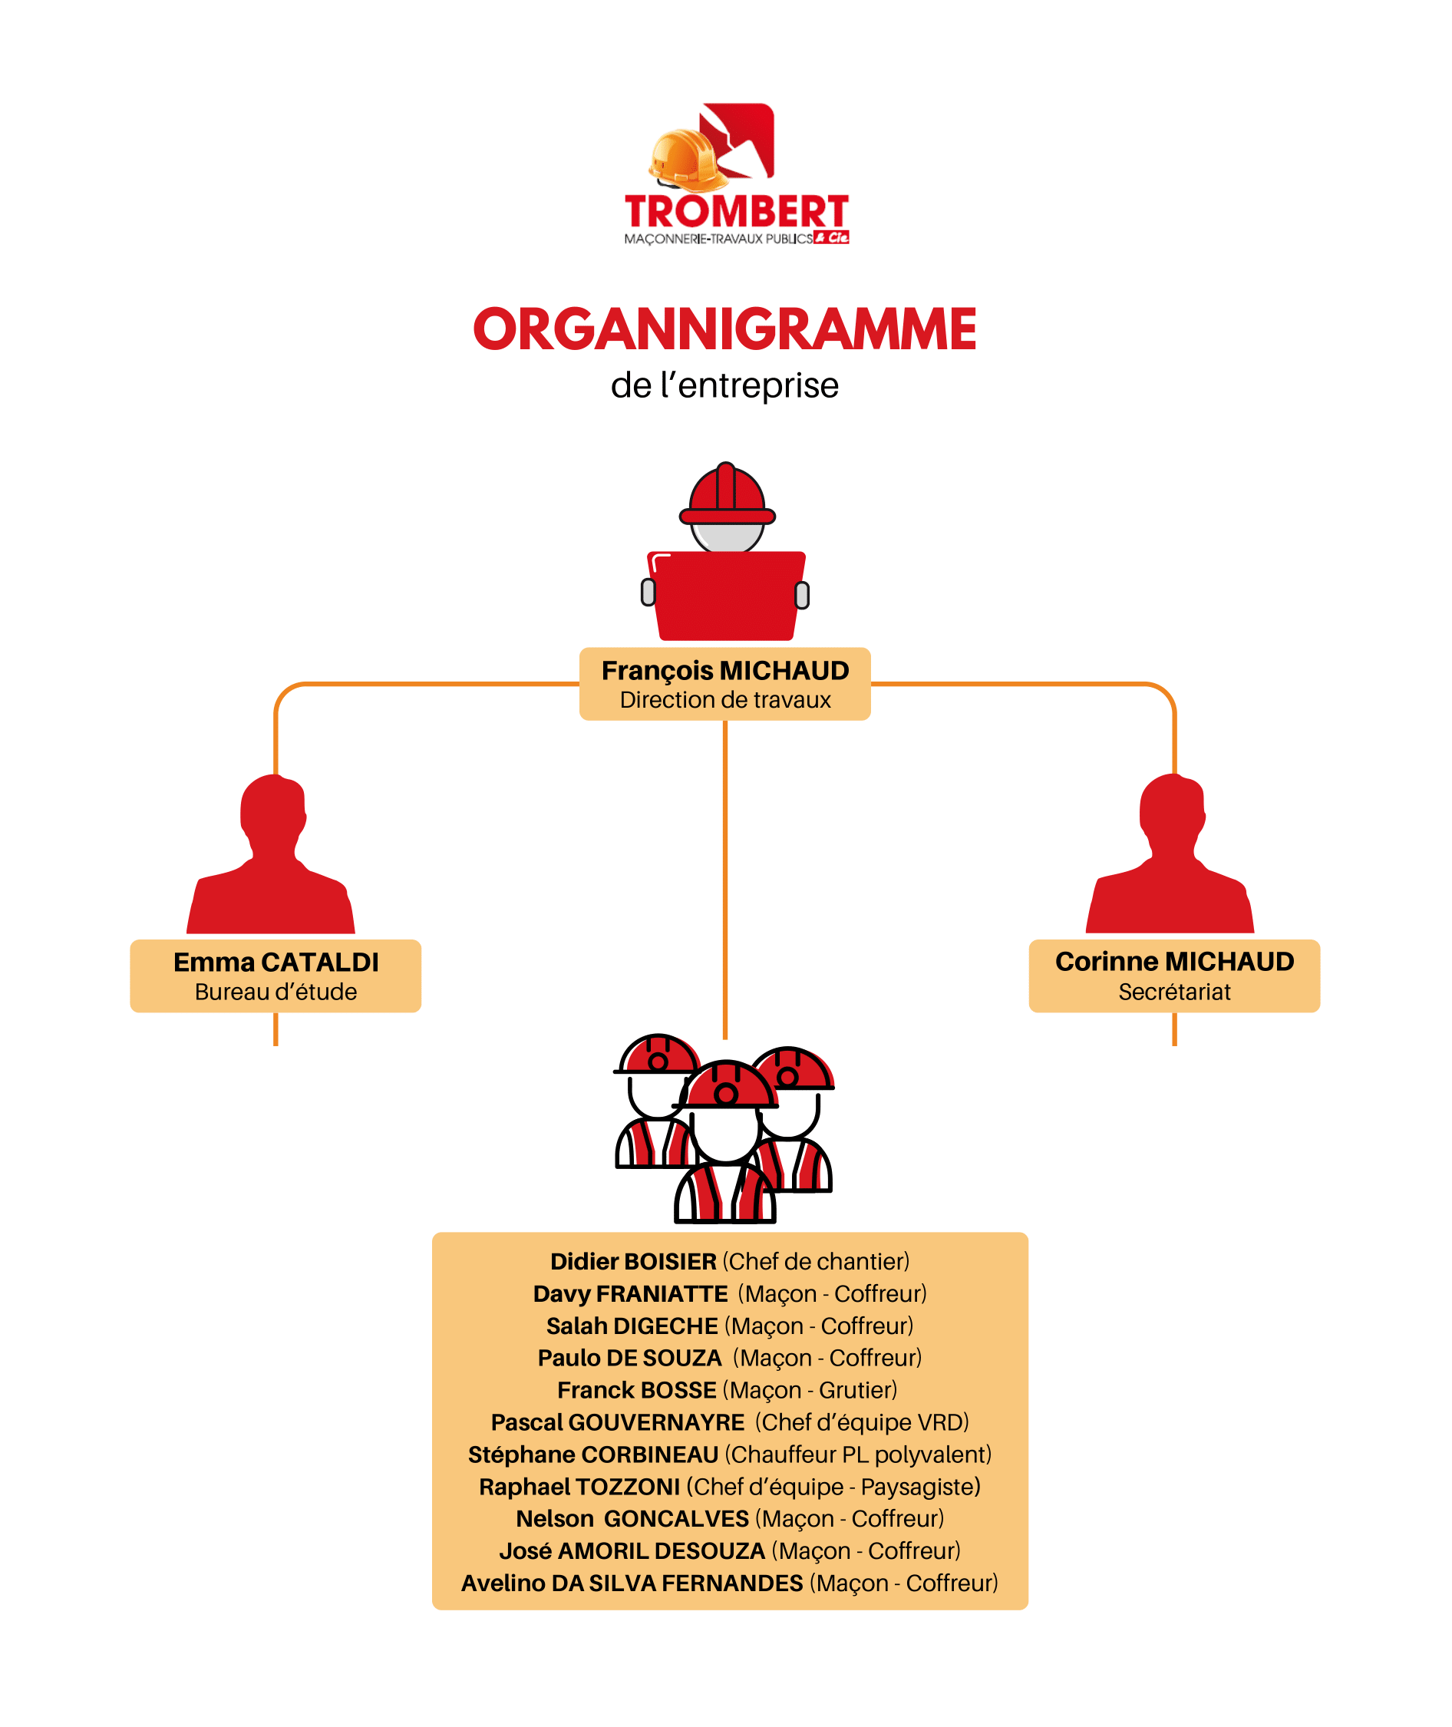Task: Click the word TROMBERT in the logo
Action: click(737, 212)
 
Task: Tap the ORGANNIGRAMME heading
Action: click(725, 329)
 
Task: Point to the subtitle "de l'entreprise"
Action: click(725, 385)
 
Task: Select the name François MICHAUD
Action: click(725, 671)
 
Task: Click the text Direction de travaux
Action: click(725, 700)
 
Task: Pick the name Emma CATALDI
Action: click(276, 962)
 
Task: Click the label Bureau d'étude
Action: click(276, 992)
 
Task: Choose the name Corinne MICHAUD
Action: click(1175, 962)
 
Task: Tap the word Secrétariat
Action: click(1175, 992)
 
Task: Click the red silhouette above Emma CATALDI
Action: click(271, 854)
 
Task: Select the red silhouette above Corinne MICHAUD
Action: click(1170, 854)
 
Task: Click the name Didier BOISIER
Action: click(633, 1261)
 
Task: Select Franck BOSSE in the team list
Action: click(636, 1389)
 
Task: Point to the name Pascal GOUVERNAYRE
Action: click(617, 1422)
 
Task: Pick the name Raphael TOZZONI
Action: click(579, 1487)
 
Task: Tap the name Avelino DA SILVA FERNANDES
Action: click(632, 1583)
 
